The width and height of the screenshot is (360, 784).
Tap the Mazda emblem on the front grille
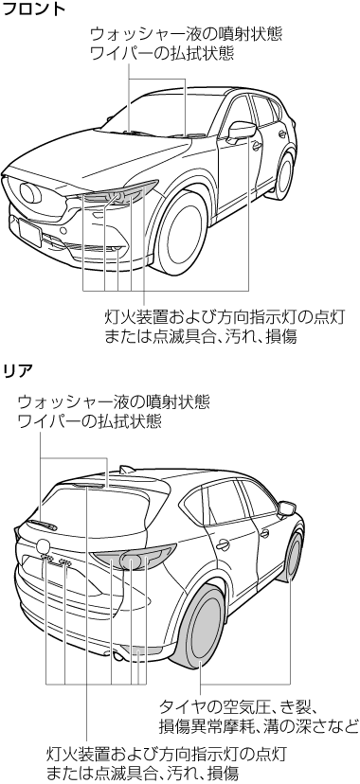30,193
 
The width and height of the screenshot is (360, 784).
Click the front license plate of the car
29,233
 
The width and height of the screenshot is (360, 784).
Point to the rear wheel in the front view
283,176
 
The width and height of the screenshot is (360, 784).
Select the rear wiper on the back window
42,524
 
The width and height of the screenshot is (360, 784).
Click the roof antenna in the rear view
127,469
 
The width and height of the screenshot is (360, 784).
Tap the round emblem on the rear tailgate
43,546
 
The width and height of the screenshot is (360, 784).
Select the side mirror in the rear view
286,508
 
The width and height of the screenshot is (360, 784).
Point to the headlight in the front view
120,194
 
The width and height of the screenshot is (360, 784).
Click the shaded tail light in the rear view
135,558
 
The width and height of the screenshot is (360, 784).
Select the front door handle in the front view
257,146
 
